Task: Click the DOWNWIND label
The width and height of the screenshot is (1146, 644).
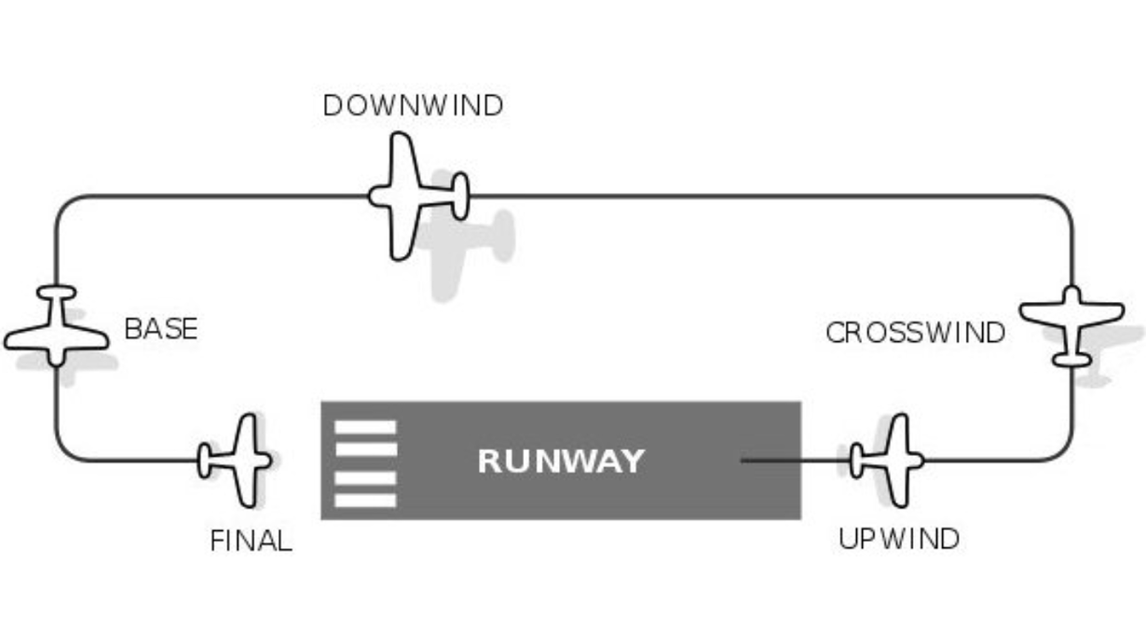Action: pyautogui.click(x=414, y=106)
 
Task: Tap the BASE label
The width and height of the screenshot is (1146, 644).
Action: pyautogui.click(x=161, y=329)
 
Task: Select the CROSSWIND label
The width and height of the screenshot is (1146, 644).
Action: pyautogui.click(x=915, y=333)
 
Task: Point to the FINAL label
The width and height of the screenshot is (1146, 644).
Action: pyautogui.click(x=252, y=541)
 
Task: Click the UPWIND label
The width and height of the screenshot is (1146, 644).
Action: pyautogui.click(x=899, y=539)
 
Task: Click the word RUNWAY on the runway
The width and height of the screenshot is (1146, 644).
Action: pyautogui.click(x=561, y=461)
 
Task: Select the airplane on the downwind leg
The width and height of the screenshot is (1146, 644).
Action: pyautogui.click(x=418, y=197)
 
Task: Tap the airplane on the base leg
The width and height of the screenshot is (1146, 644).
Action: pyautogui.click(x=56, y=326)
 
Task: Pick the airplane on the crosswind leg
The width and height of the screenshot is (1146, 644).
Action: pyautogui.click(x=1071, y=326)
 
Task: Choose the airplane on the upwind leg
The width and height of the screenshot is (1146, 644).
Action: pyautogui.click(x=888, y=460)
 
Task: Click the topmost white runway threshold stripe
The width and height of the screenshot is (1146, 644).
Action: pyautogui.click(x=365, y=427)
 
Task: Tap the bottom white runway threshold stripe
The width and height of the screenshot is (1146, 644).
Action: pyautogui.click(x=365, y=500)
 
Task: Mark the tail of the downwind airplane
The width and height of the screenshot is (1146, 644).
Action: pyautogui.click(x=460, y=197)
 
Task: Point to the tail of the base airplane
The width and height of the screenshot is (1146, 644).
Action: pyautogui.click(x=56, y=293)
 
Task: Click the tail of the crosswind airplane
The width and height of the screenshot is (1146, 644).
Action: pyautogui.click(x=1071, y=360)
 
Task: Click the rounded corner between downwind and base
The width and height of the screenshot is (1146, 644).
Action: pyautogui.click(x=66, y=207)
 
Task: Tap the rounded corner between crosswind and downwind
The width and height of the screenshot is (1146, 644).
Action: pyautogui.click(x=1062, y=207)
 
